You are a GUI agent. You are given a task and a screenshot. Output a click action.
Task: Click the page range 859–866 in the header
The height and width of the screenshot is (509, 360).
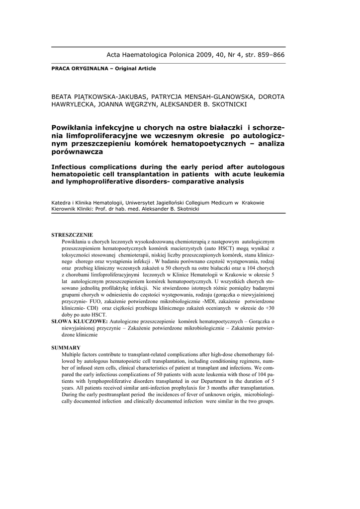[269, 55]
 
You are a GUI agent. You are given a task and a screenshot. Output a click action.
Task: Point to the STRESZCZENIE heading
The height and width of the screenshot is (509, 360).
[72, 235]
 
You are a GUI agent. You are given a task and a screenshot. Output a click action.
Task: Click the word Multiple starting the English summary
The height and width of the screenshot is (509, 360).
[73, 354]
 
